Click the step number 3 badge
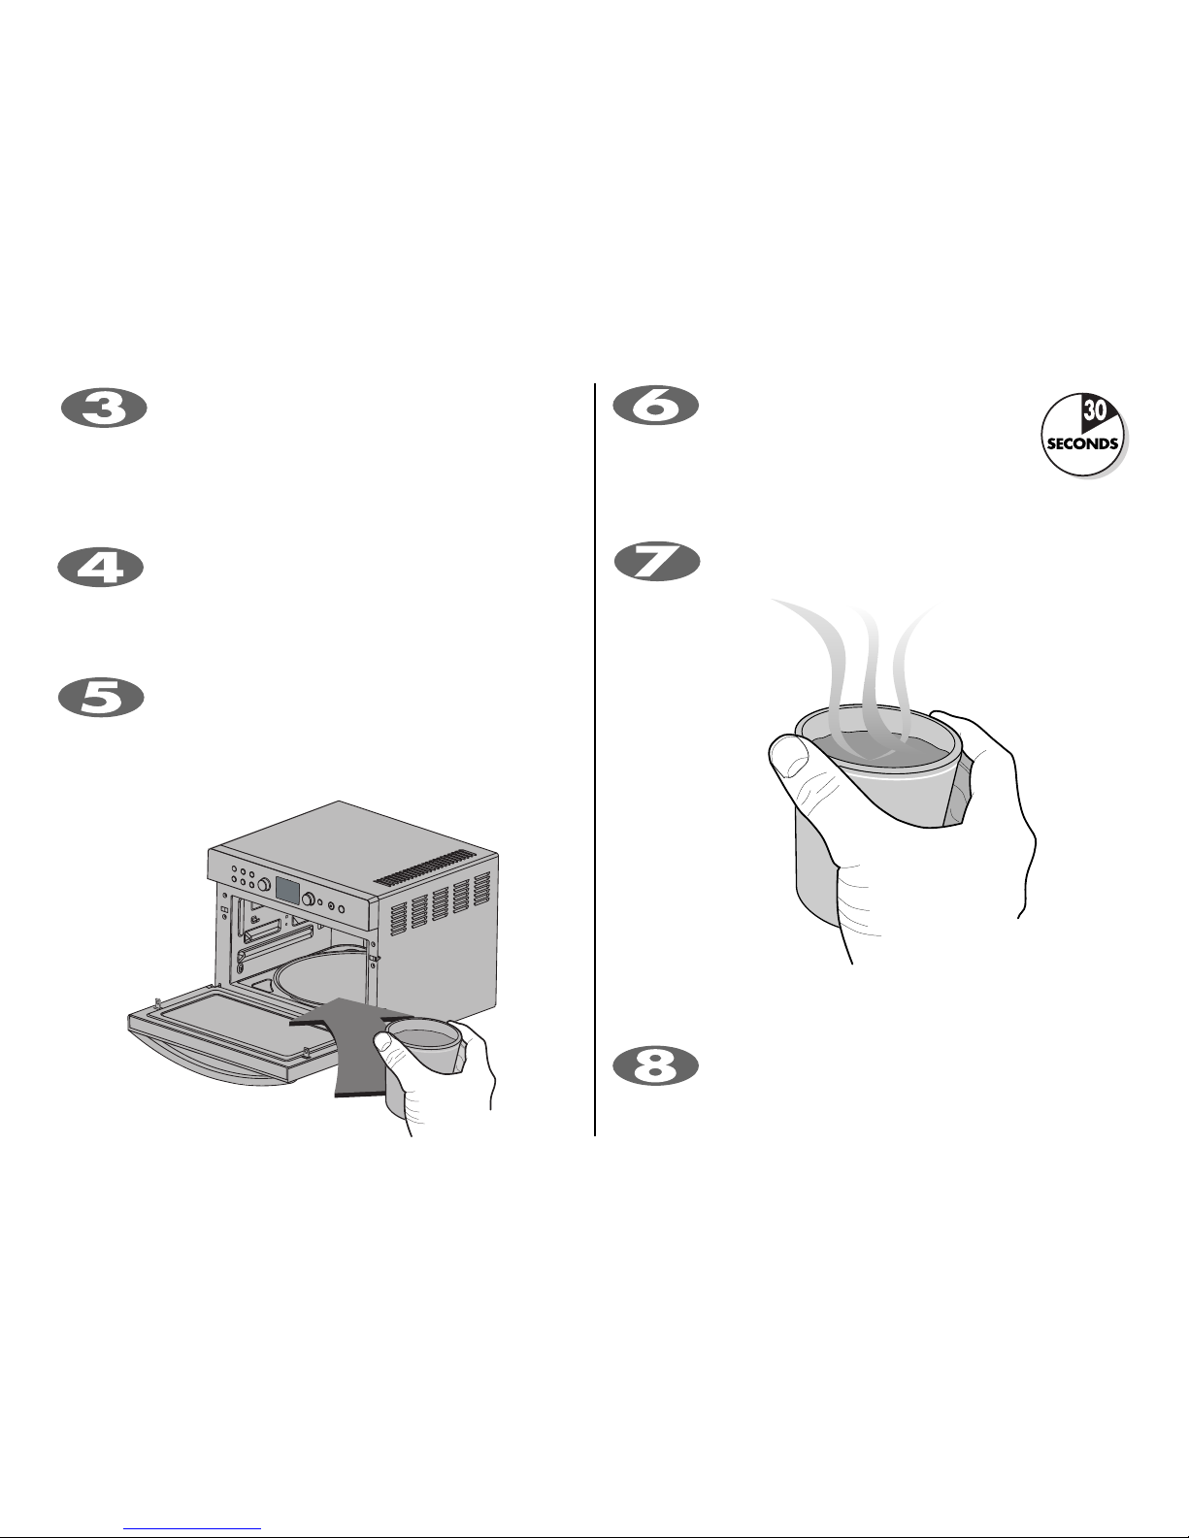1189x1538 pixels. click(x=104, y=409)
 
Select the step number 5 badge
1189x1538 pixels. click(x=101, y=698)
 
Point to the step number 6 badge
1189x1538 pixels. click(x=656, y=406)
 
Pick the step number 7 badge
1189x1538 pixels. click(x=657, y=562)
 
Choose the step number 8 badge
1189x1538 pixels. click(x=656, y=1065)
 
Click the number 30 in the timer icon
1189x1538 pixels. click(x=1094, y=411)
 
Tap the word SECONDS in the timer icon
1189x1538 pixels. click(x=1082, y=444)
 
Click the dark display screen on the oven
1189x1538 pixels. click(x=286, y=891)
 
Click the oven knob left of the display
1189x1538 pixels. click(x=263, y=884)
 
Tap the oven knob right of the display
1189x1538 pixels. click(x=309, y=899)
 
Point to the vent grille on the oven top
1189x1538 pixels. click(x=425, y=867)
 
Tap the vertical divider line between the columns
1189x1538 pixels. click(x=594, y=760)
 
